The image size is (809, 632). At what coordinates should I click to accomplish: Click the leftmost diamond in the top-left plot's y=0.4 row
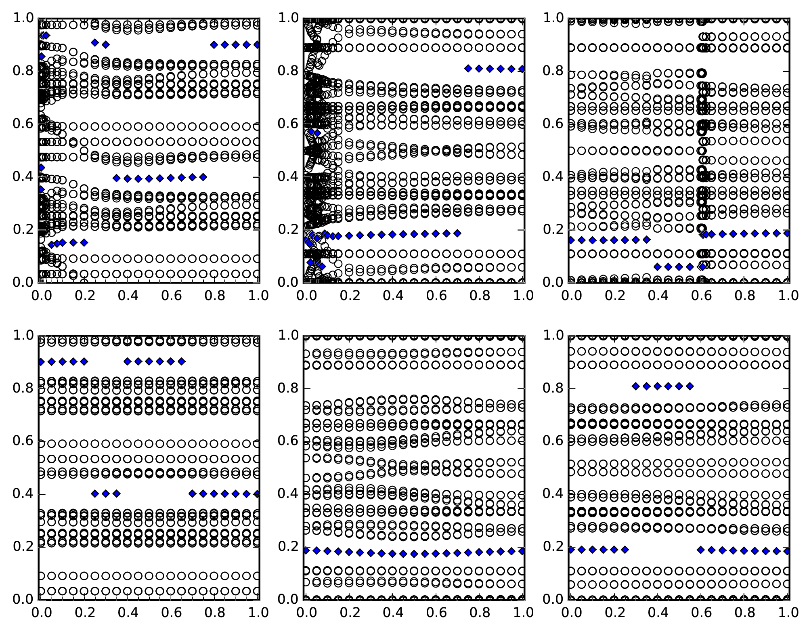tap(117, 178)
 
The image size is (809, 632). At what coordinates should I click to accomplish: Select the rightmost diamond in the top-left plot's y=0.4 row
tap(203, 177)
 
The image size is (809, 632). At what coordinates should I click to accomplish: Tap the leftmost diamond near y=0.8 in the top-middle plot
tap(468, 69)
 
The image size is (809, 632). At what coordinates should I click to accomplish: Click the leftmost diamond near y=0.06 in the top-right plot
tap(658, 267)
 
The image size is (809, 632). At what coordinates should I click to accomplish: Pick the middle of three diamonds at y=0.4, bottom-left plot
tap(106, 493)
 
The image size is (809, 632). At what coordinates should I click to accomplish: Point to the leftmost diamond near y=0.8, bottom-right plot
tap(636, 386)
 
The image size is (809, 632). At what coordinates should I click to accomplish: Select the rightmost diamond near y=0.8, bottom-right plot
tap(690, 386)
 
